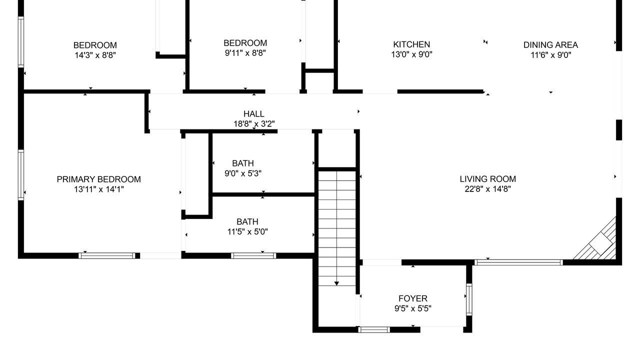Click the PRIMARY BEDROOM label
99,179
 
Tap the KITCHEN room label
411,44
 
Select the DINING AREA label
550,45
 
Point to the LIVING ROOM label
487,179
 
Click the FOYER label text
413,298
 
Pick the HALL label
253,114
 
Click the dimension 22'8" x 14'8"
487,189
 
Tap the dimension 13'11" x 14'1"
99,189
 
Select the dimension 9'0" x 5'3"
243,173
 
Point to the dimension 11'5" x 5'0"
247,231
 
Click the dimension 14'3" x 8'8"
95,55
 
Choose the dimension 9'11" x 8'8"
245,53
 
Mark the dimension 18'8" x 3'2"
254,124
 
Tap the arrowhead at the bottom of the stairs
336,283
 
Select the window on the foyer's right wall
469,299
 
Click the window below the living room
518,262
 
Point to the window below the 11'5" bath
253,255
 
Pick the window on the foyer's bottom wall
374,329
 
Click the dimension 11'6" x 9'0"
550,55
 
